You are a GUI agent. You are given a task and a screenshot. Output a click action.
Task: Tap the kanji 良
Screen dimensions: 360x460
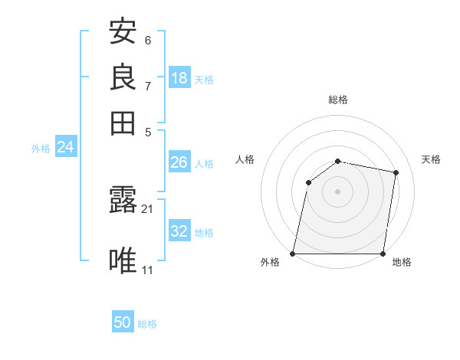(123, 77)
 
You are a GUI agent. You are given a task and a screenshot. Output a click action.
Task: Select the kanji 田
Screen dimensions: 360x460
(123, 123)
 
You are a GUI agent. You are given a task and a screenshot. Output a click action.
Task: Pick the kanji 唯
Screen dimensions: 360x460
(123, 261)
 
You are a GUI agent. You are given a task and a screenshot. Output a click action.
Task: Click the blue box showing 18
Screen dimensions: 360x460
(179, 78)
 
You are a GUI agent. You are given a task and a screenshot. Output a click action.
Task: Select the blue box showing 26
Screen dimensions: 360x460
(179, 162)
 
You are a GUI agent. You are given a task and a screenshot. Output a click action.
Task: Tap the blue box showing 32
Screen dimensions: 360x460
(179, 231)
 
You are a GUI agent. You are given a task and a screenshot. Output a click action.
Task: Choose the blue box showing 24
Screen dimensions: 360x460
(65, 148)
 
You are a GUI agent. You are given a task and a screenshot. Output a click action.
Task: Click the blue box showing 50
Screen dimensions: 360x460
(123, 323)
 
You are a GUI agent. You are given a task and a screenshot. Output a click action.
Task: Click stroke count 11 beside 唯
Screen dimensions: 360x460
(147, 270)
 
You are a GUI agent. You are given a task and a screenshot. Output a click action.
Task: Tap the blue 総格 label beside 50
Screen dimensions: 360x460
(147, 324)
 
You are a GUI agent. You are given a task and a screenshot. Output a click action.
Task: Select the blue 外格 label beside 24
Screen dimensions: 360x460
(40, 149)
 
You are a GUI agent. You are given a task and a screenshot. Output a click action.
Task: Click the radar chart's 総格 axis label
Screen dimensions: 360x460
(338, 100)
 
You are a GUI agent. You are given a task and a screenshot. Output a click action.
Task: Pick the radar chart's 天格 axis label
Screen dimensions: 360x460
(431, 159)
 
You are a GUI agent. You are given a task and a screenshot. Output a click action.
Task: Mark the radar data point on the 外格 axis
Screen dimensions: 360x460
(293, 254)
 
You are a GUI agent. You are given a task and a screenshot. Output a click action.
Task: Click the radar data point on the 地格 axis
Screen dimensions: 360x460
(383, 254)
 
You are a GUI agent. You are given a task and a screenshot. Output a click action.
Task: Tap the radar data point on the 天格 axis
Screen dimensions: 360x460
(396, 172)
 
